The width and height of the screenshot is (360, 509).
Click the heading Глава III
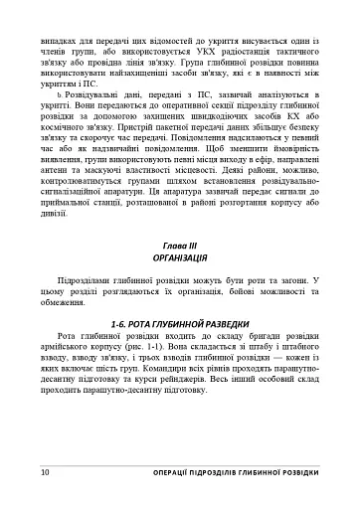(x=179, y=245)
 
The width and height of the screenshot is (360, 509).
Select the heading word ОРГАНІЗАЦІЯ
(x=179, y=256)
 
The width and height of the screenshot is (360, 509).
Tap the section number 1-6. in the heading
(x=119, y=324)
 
